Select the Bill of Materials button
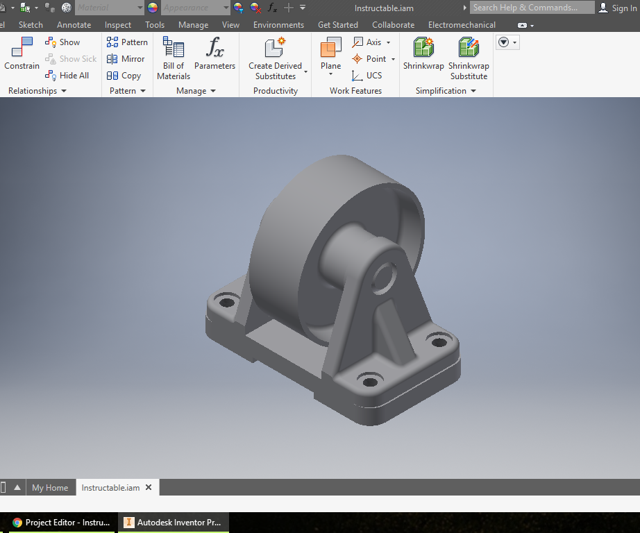(x=174, y=58)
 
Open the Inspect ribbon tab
(x=118, y=25)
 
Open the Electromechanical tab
(x=462, y=25)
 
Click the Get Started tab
(x=338, y=25)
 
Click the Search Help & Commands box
(x=531, y=8)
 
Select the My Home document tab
(x=50, y=488)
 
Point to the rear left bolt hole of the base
(x=226, y=303)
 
